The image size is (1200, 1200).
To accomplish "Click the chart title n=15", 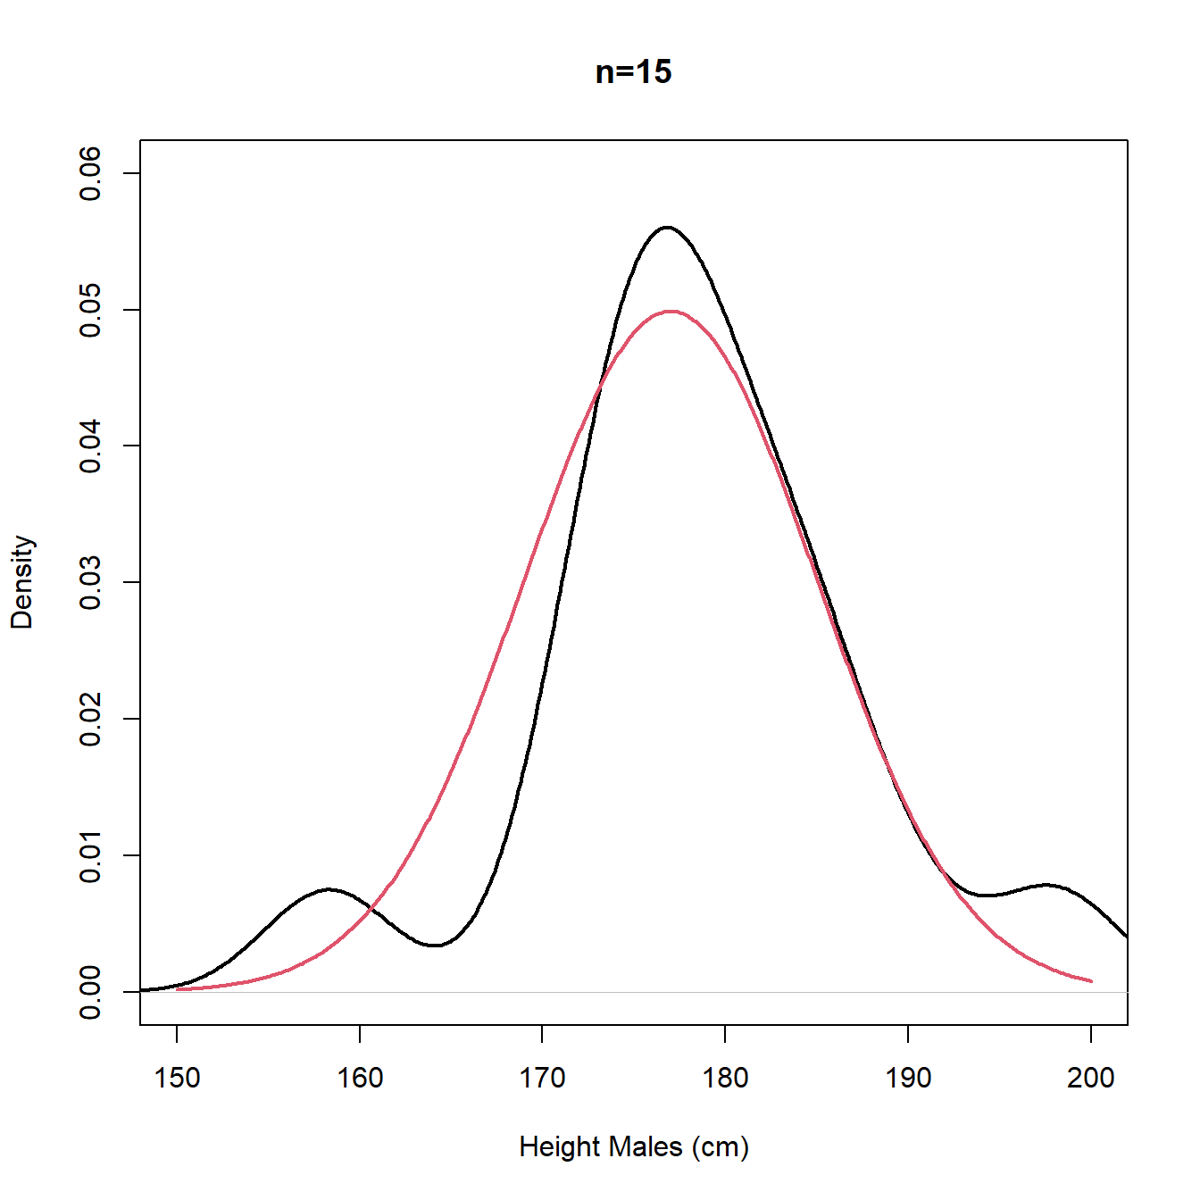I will (x=633, y=71).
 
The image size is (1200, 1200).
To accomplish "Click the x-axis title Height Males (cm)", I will (x=633, y=1146).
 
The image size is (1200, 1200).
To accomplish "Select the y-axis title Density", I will (x=22, y=582).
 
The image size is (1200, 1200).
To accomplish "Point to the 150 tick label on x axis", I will (x=177, y=1078).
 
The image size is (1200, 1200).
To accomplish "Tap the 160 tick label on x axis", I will (x=360, y=1078).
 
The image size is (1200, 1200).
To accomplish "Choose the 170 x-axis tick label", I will (x=542, y=1078).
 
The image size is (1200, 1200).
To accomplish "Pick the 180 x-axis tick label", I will (x=725, y=1078).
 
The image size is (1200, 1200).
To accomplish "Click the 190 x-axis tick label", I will (x=908, y=1078).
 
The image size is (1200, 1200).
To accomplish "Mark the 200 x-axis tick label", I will (x=1090, y=1078).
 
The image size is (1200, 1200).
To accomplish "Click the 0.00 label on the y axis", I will (x=90, y=991).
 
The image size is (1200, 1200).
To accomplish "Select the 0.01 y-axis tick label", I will (x=90, y=855).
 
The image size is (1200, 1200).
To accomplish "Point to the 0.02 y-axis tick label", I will (x=90, y=719).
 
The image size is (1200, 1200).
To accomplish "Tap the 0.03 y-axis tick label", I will (x=90, y=582).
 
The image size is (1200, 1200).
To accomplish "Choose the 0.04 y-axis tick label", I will (x=90, y=446).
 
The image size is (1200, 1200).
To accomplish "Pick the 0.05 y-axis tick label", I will (x=90, y=310).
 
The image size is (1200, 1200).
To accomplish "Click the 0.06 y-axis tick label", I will (x=90, y=173).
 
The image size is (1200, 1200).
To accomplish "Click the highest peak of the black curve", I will (x=667, y=227).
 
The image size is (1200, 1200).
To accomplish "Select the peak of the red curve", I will (x=671, y=311).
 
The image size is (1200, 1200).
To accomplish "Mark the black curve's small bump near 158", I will (x=329, y=889).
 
